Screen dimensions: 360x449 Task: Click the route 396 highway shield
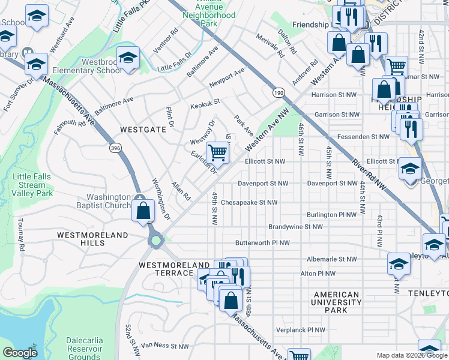point(115,146)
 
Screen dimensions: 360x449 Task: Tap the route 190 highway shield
point(278,92)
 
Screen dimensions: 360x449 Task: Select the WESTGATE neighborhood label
point(142,128)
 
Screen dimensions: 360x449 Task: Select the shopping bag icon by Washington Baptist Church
point(143,211)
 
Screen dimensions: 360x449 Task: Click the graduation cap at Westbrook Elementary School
point(128,58)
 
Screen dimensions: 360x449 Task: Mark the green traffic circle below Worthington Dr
point(157,241)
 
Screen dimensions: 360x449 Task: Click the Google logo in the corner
point(20,353)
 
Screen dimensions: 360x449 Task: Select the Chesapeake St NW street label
point(249,203)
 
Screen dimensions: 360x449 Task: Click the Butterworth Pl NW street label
point(262,243)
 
